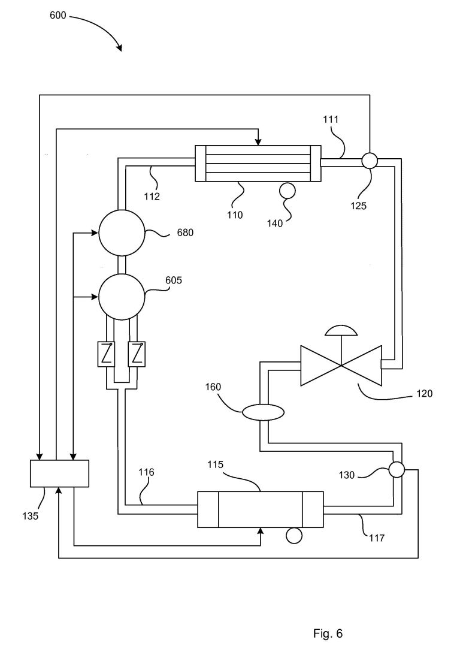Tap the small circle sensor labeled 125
(370, 161)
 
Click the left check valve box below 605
(105, 354)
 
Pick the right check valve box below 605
(137, 354)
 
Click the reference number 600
(58, 16)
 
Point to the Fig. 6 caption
(328, 633)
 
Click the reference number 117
(377, 538)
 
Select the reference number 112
(152, 196)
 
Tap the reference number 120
(424, 394)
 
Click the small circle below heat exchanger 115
(294, 536)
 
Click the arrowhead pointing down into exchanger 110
(258, 141)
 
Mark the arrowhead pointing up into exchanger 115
(261, 532)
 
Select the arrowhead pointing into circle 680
(95, 233)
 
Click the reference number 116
(146, 472)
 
